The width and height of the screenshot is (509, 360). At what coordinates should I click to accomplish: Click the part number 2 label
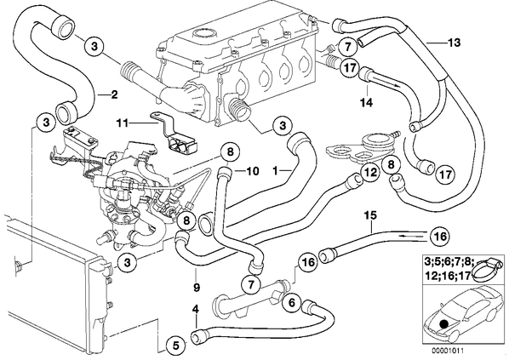pos(114,94)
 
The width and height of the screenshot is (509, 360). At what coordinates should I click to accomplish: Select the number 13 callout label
pos(454,43)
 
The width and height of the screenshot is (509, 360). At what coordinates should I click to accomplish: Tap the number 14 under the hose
pos(366,103)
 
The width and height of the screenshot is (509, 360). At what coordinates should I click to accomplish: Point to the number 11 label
pos(123,123)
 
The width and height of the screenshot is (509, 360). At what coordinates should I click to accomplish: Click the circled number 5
pos(175,346)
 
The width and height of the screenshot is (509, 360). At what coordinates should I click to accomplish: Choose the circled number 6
pos(292,303)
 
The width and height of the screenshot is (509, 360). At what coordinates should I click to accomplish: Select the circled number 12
pos(370,172)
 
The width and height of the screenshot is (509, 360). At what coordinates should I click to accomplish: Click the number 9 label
pos(197,288)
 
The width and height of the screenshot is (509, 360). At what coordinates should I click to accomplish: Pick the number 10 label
pos(253,171)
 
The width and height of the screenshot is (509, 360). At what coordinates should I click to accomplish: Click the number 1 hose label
pos(275,170)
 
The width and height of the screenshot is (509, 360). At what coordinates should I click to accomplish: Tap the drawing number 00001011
pos(448,351)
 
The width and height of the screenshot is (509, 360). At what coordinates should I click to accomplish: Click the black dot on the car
pos(444,324)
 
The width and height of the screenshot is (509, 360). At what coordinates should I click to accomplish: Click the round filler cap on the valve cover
pos(204,34)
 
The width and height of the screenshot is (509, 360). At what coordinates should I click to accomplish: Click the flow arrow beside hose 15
pos(406,237)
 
